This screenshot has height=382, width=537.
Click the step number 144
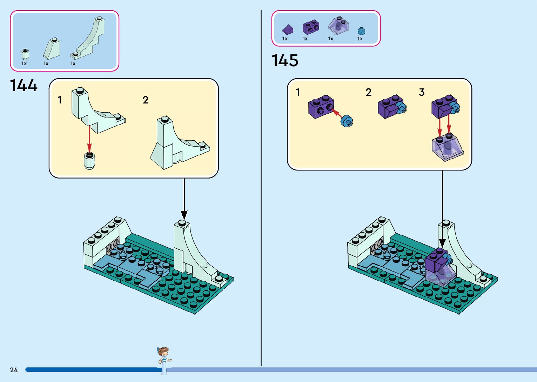tap(24, 85)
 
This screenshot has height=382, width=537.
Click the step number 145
tap(285, 60)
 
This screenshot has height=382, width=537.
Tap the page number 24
tap(14, 370)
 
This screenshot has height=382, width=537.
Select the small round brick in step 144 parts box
tap(25, 54)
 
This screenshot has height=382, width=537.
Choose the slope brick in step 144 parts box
tap(52, 49)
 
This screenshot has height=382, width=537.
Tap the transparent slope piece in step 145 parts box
tap(338, 26)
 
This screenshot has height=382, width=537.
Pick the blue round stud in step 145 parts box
tap(361, 31)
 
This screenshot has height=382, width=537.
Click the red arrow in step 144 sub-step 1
tap(89, 139)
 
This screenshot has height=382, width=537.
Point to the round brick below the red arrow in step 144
tap(90, 161)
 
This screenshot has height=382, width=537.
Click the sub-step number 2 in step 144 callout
tap(146, 100)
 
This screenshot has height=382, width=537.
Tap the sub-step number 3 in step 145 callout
tap(422, 92)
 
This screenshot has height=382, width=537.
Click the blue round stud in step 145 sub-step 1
tap(347, 121)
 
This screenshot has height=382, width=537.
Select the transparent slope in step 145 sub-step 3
tap(447, 147)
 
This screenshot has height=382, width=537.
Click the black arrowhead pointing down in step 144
tap(184, 215)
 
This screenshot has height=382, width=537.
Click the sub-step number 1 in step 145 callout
tap(298, 92)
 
